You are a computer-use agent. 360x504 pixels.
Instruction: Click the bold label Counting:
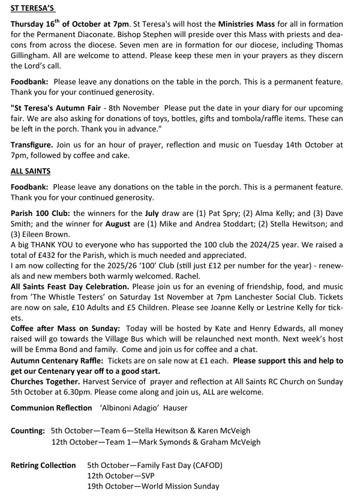click(28, 431)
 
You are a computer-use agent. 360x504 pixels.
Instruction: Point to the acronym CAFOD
click(205, 466)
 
